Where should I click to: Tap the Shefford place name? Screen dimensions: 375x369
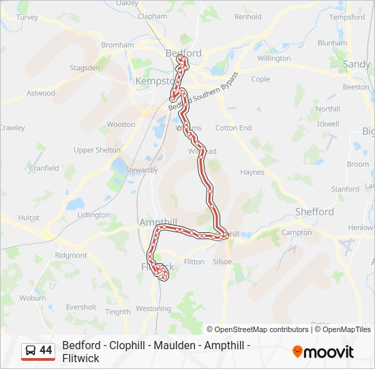click(314, 212)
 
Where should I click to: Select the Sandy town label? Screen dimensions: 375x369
click(356, 64)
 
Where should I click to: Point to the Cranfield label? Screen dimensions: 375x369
click(44, 168)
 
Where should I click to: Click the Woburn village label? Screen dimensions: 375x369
click(32, 298)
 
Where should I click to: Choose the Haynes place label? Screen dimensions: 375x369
click(252, 172)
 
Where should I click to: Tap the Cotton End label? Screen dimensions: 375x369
click(233, 128)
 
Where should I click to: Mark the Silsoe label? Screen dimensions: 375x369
click(222, 262)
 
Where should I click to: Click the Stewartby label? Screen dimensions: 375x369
click(141, 169)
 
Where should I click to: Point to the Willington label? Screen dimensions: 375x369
click(274, 58)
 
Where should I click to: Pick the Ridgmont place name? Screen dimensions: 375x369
click(71, 255)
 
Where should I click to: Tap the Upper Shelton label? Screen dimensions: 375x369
click(97, 150)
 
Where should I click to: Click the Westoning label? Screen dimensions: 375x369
click(153, 309)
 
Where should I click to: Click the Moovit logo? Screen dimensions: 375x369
click(323, 352)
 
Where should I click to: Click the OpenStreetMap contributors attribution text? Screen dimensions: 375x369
click(258, 329)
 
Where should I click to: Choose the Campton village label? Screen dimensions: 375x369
click(296, 232)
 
